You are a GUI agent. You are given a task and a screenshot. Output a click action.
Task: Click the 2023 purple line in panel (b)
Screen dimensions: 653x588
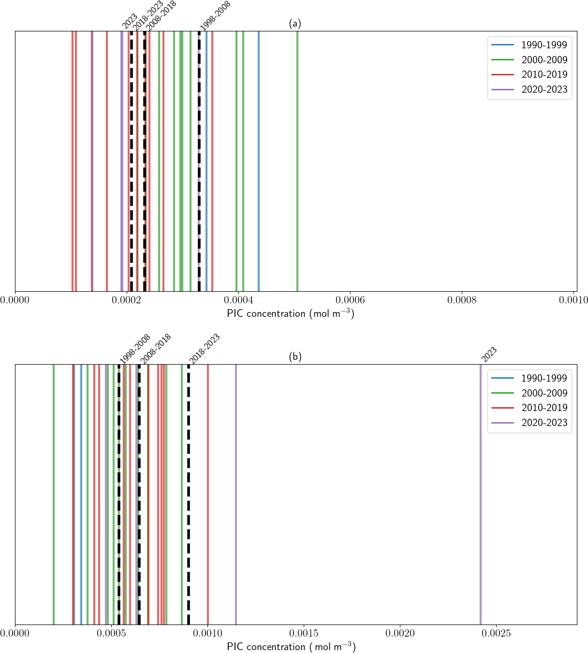tap(481, 493)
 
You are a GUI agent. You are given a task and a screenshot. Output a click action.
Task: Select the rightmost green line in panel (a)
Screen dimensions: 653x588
tap(297, 159)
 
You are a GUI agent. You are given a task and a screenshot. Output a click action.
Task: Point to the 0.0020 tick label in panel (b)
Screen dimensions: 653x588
tap(400, 633)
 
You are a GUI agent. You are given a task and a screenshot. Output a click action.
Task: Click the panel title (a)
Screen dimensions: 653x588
tap(295, 23)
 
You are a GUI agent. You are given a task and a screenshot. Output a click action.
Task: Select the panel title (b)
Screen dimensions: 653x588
tap(295, 356)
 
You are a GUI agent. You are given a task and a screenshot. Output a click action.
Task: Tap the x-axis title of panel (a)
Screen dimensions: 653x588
tap(291, 313)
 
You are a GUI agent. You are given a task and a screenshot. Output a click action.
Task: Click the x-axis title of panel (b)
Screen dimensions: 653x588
tap(291, 647)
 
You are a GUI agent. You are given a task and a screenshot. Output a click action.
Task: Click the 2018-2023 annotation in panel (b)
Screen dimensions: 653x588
tap(205, 348)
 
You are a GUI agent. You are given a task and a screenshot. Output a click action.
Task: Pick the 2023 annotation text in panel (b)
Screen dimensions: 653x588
tap(489, 354)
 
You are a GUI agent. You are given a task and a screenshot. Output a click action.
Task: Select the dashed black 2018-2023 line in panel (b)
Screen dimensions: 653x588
tap(189, 493)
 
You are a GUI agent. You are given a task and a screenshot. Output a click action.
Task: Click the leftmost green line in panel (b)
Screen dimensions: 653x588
tap(54, 493)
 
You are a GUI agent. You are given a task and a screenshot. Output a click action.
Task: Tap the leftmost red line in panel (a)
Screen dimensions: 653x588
tap(73, 159)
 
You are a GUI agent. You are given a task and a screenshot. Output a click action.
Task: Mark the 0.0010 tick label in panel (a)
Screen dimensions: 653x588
tap(574, 300)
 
